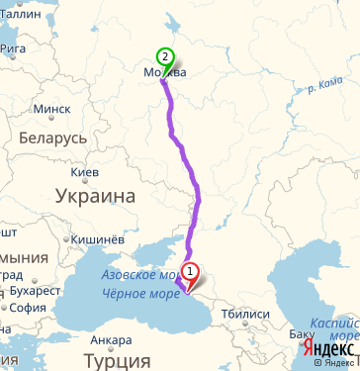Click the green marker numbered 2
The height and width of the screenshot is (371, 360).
tap(165, 58)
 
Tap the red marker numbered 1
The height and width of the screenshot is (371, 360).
tap(190, 272)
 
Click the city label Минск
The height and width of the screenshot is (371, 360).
tap(51, 109)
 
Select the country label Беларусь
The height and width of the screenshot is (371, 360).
tap(52, 138)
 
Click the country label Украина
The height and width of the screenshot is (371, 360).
tap(96, 196)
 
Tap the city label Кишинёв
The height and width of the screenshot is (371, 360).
tap(98, 238)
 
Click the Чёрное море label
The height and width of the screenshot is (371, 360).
tap(132, 292)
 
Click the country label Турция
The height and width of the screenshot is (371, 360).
tap(110, 361)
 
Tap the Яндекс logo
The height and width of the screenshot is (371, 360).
tap(330, 349)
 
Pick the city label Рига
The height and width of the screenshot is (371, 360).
tap(14, 46)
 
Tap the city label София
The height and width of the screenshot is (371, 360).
tap(31, 308)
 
